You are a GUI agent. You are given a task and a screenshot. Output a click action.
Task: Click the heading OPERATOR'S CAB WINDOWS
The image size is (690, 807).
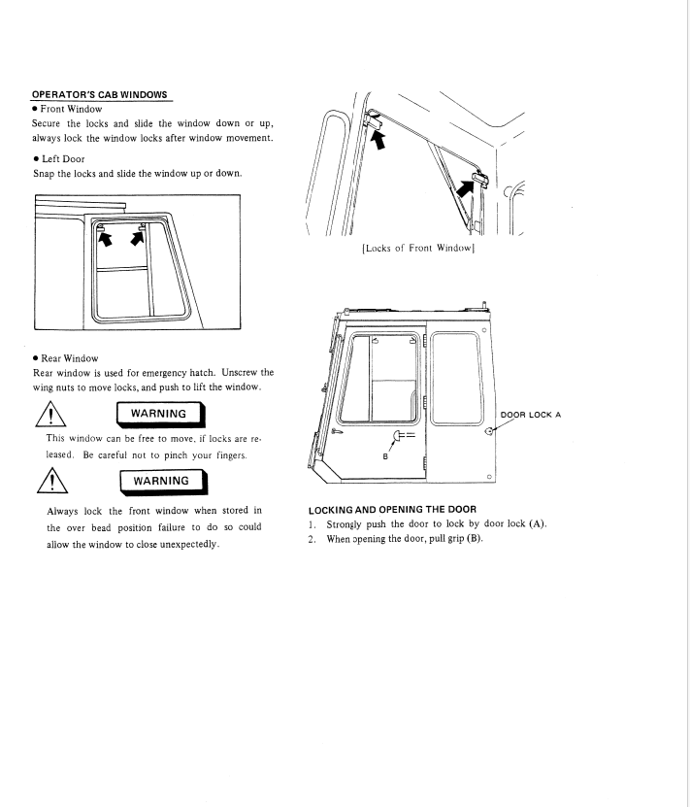(99, 95)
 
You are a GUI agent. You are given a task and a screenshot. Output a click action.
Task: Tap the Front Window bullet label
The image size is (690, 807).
(71, 109)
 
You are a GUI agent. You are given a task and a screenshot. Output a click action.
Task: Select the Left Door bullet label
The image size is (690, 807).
(63, 159)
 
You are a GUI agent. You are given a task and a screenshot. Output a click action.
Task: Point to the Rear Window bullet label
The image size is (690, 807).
(70, 358)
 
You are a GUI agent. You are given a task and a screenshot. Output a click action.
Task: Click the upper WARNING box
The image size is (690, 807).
(160, 415)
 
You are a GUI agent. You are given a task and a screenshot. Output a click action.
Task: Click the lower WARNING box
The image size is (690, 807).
(163, 482)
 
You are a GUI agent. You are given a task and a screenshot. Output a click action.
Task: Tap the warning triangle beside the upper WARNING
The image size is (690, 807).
(50, 415)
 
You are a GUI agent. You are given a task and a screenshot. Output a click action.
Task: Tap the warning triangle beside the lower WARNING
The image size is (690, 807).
(52, 481)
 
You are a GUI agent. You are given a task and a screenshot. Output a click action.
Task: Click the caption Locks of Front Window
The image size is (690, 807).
(418, 248)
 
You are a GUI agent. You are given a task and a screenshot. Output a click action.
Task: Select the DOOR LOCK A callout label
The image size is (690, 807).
(531, 415)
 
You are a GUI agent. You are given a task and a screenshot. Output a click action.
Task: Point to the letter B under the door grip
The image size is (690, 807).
(385, 456)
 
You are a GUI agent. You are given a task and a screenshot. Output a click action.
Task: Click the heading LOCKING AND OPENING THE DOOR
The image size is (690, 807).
(392, 510)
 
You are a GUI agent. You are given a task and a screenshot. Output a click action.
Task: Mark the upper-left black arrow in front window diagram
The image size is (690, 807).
(378, 140)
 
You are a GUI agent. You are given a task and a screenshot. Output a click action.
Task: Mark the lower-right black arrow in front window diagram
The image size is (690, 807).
(465, 187)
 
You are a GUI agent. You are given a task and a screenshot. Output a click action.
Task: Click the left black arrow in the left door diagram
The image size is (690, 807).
(105, 239)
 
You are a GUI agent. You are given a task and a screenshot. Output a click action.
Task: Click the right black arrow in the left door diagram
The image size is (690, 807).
(137, 238)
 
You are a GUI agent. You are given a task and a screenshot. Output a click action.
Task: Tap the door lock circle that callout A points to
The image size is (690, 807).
(489, 431)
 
